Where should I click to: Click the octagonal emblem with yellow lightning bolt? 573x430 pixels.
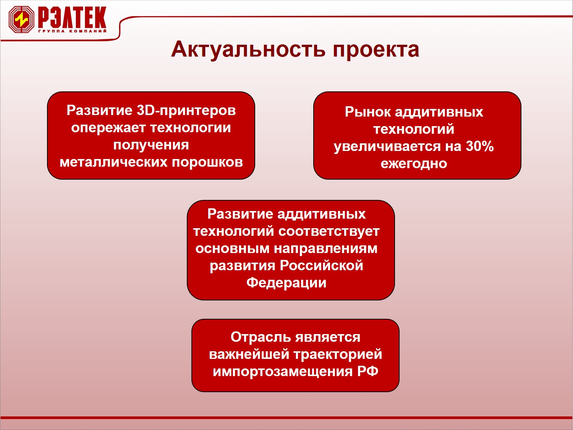tap(21, 19)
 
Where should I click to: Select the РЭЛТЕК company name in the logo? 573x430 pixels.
tap(72, 17)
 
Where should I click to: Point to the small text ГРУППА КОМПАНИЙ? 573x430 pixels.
tap(72, 31)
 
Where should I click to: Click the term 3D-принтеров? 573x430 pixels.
tap(186, 110)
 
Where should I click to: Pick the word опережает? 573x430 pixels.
tap(108, 128)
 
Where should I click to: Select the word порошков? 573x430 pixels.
tap(207, 163)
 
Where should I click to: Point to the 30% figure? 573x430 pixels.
tap(480, 146)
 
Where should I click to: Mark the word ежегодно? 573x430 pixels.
tap(414, 164)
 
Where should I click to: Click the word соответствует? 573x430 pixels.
tap(329, 232)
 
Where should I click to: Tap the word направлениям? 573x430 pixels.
tap(325, 249)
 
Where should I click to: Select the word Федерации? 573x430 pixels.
tap(286, 283)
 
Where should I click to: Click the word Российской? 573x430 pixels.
tap(321, 266)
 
